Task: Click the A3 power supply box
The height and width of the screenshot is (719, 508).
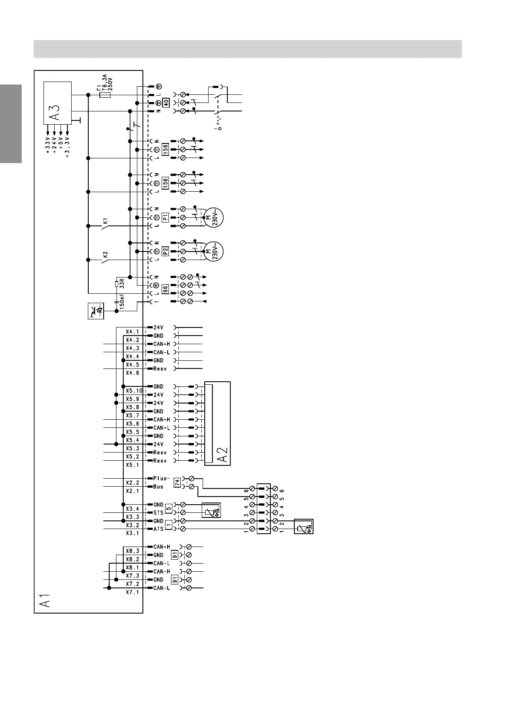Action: (x=58, y=102)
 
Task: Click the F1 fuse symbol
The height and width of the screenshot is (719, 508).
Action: (x=105, y=95)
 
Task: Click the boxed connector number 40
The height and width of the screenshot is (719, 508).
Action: (x=165, y=103)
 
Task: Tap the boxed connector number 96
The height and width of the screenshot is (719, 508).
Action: (x=165, y=289)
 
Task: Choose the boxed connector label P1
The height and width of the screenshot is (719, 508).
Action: (x=165, y=217)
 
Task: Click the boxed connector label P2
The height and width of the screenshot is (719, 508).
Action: (x=165, y=251)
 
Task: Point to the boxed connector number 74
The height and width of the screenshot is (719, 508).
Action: (x=177, y=483)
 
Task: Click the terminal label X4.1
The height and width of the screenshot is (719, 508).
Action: (x=132, y=332)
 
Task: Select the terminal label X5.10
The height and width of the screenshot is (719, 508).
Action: (x=134, y=391)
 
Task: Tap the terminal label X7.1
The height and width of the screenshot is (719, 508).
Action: (x=132, y=593)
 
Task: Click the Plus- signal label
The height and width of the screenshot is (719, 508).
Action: (x=162, y=479)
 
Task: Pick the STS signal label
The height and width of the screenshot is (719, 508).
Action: (x=158, y=513)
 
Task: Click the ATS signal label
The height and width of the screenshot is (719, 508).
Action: (x=158, y=529)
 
